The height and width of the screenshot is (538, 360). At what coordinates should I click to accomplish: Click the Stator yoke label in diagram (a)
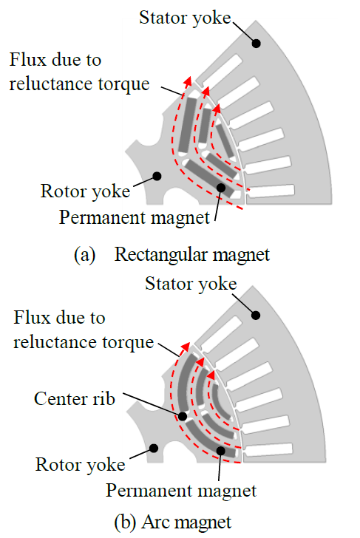tap(185, 18)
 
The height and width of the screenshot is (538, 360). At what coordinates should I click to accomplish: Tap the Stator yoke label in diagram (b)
tap(191, 284)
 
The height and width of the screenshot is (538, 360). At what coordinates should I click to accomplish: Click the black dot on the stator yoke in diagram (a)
tap(256, 43)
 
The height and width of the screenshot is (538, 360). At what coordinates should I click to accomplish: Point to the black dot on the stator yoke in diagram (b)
tap(256, 315)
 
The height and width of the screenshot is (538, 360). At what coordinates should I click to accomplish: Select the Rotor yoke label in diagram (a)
tap(85, 191)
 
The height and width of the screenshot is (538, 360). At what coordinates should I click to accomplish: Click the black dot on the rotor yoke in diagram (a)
tap(157, 176)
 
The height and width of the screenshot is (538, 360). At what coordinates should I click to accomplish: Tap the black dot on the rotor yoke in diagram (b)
tap(154, 448)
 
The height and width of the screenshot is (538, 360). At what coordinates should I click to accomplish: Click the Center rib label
tap(74, 399)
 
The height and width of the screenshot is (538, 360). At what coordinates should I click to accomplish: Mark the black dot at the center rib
tap(183, 416)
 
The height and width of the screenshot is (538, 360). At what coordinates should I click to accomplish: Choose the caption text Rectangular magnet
tap(192, 255)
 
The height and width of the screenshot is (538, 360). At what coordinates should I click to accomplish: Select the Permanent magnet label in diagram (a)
tap(135, 217)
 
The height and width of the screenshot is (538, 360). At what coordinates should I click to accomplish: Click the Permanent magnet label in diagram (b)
tap(181, 491)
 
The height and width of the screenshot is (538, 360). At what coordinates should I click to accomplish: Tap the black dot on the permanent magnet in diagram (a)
tap(221, 188)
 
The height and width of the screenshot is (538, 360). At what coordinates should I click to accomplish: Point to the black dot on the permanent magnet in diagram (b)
tap(221, 451)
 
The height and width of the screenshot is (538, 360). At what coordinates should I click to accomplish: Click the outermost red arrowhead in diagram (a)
tap(188, 81)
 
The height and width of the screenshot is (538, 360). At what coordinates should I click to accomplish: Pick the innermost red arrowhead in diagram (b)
tap(211, 375)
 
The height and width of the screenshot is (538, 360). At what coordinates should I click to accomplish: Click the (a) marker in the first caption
tap(84, 255)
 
